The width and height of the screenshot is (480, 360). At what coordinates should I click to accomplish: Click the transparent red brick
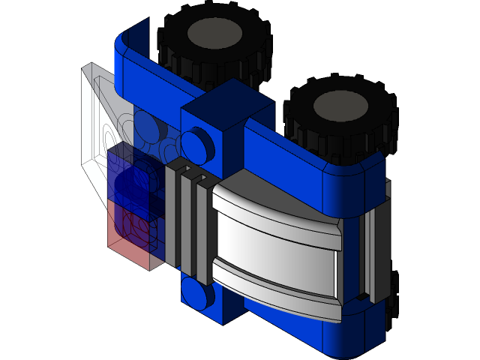pos(131,229)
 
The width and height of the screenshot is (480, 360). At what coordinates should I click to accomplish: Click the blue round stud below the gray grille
pos(197,294)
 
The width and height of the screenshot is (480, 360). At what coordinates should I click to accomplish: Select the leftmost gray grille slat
pos(170,217)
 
